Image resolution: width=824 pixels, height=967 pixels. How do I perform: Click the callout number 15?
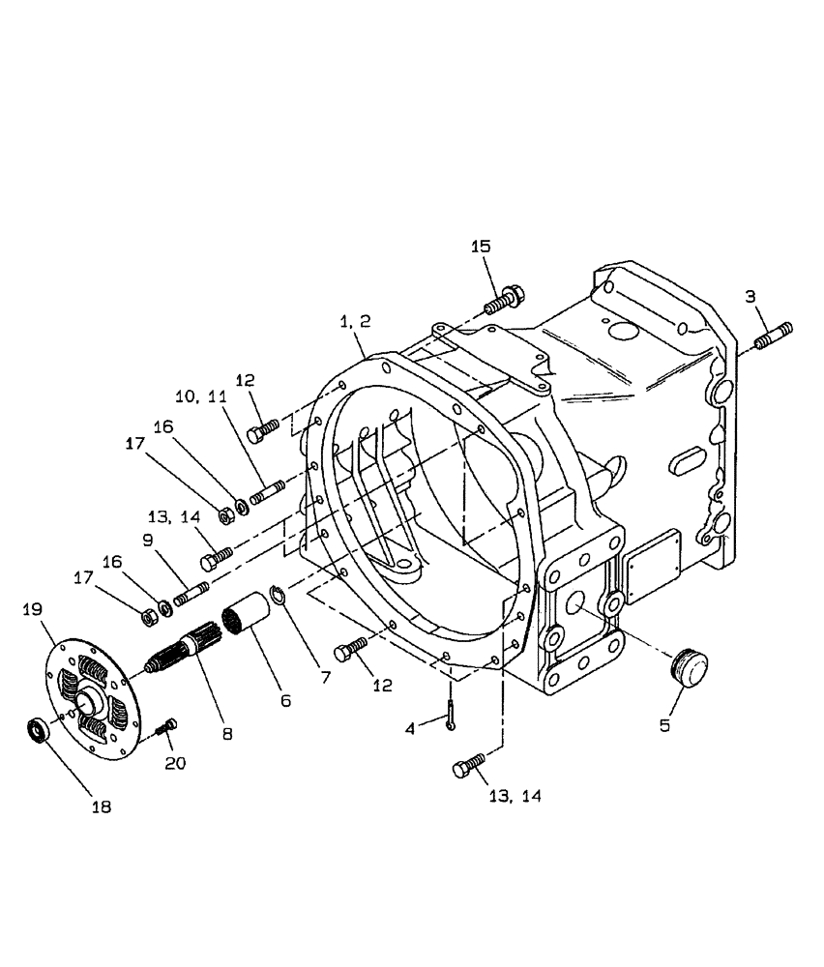[481, 247]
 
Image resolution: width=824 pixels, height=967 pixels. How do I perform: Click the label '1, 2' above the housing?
[354, 321]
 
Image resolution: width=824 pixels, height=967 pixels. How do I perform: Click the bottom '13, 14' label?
[514, 796]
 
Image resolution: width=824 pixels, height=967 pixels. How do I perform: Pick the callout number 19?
[32, 609]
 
